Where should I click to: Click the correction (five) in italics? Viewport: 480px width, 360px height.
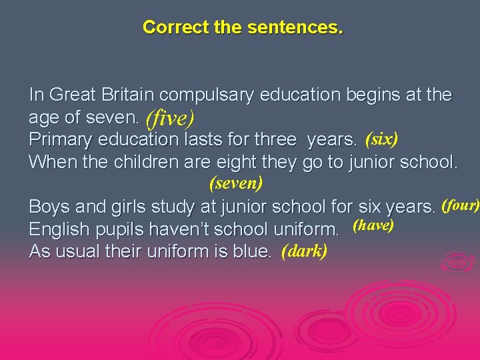(170, 119)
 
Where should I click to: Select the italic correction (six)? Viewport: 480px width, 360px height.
(381, 139)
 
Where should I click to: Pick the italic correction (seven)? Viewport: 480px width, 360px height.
(236, 182)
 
